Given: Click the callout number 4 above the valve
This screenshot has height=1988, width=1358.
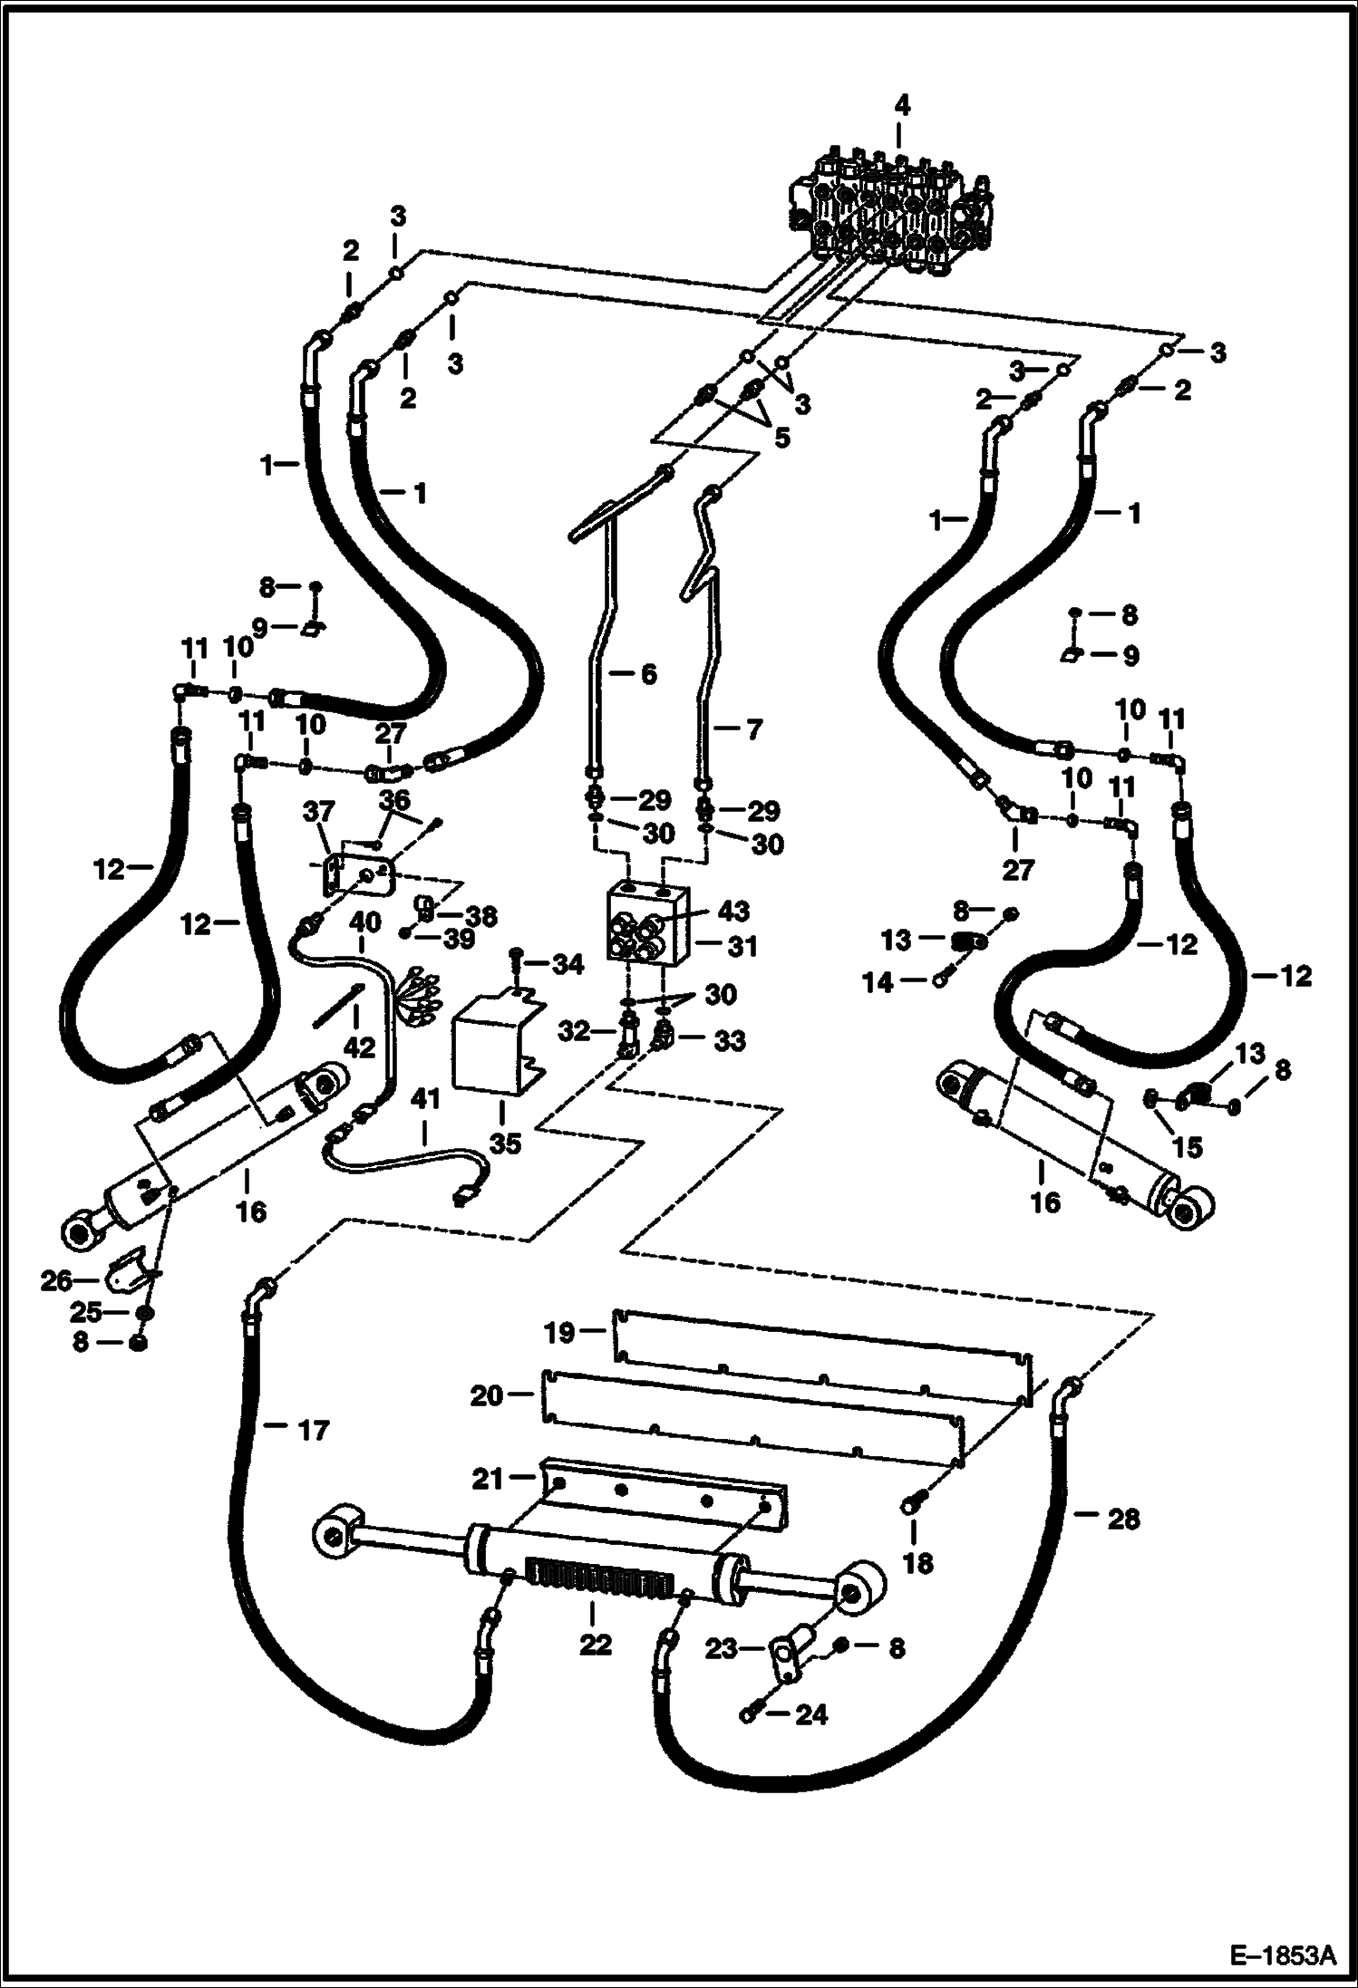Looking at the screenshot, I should [901, 106].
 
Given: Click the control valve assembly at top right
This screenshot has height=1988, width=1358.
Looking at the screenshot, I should [893, 217].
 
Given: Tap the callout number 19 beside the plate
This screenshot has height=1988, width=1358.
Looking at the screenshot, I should [560, 1333].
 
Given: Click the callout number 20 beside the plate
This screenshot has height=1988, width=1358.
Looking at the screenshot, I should [486, 1395].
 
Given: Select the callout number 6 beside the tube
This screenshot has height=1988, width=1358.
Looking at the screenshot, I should [648, 674].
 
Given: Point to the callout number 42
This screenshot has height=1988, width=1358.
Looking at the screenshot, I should [359, 1047].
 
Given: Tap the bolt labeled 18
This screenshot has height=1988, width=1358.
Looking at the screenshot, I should [912, 1507].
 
